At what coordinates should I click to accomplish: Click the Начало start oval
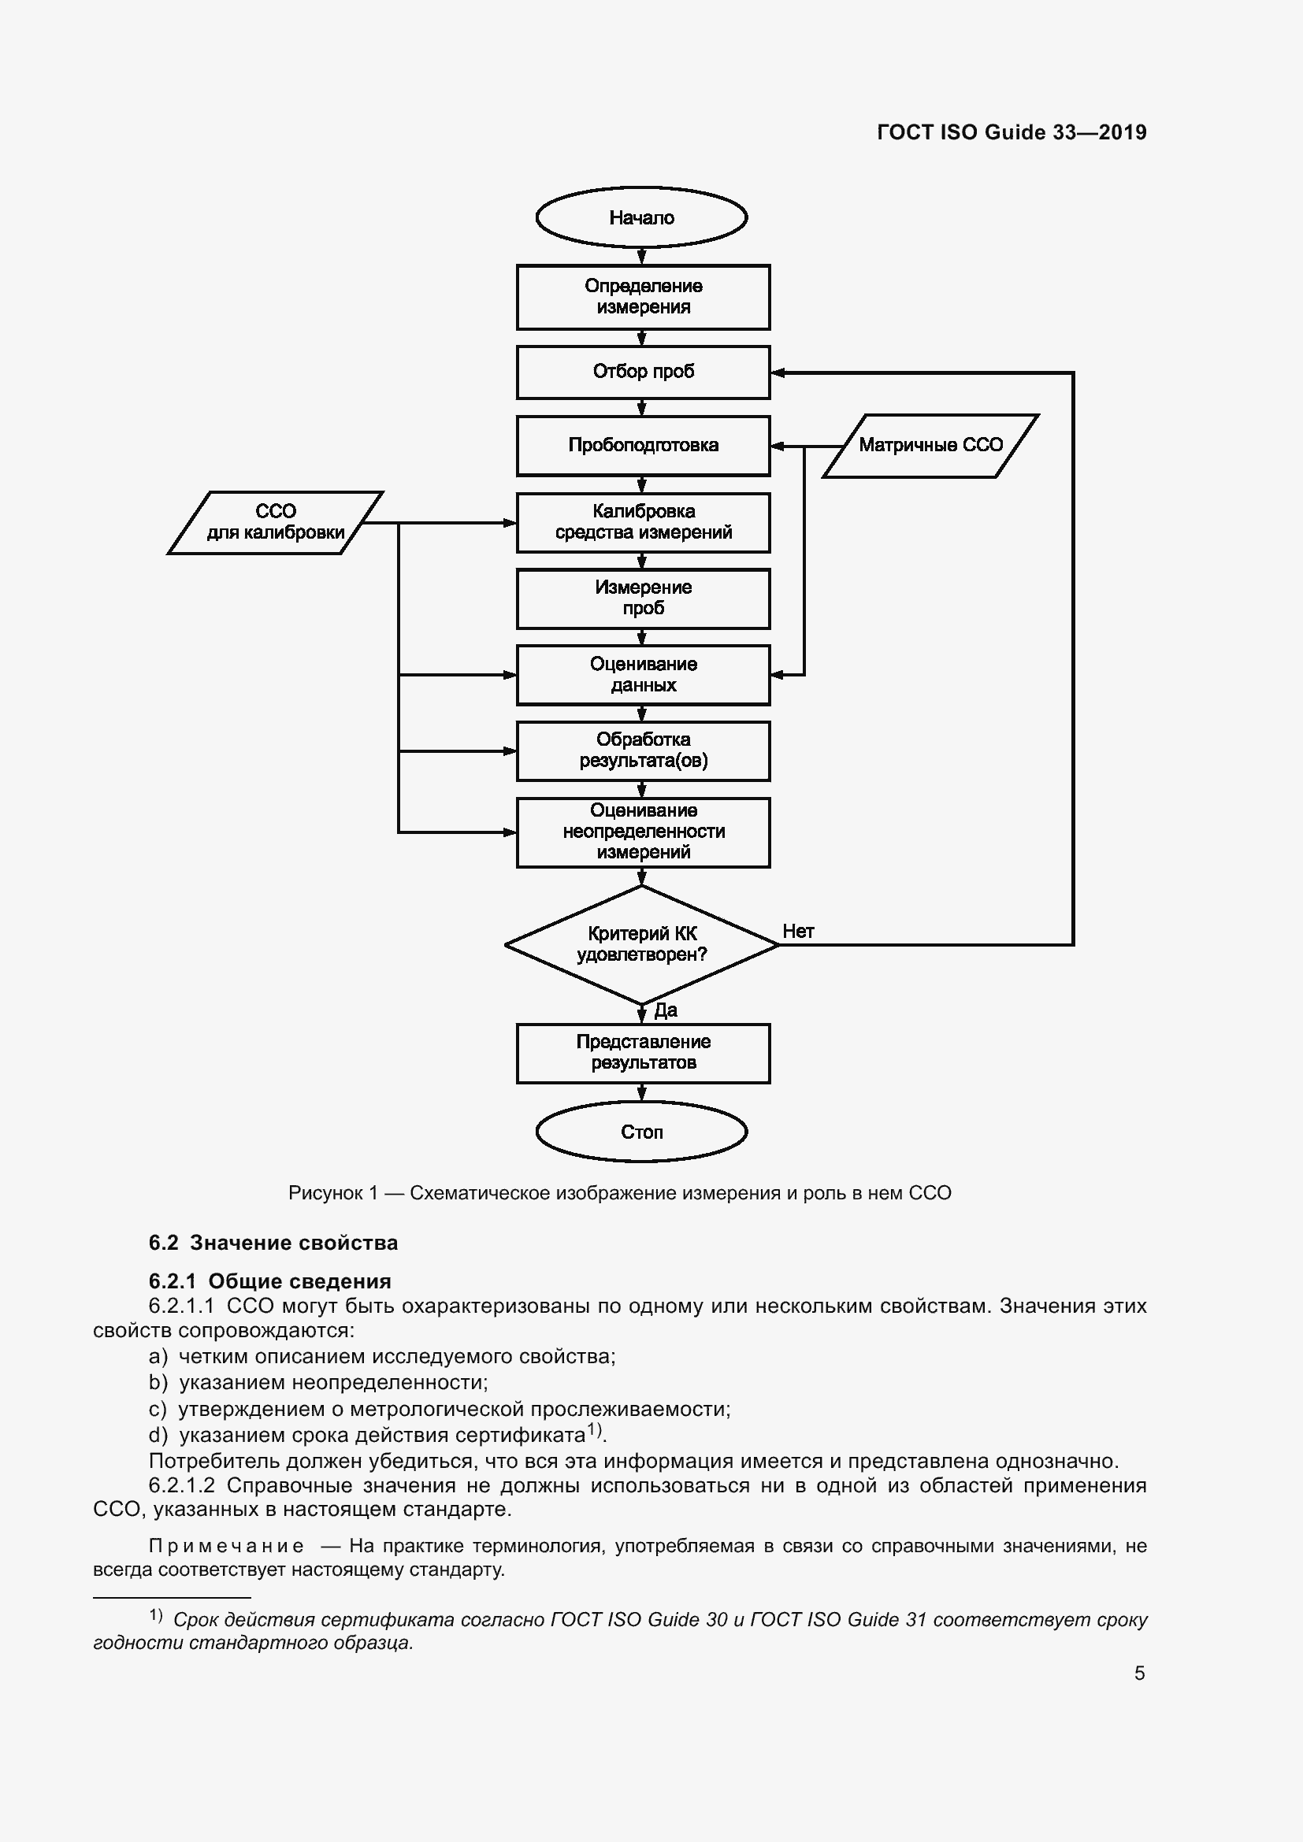tap(641, 217)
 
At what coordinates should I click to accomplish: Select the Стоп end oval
tap(641, 1131)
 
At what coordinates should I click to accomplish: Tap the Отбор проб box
tap(643, 372)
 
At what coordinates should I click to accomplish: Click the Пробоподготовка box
tap(643, 445)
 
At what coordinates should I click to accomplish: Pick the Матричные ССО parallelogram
tap(930, 445)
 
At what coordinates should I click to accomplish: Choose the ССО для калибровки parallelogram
tap(275, 522)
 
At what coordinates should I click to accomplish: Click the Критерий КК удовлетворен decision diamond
tap(641, 944)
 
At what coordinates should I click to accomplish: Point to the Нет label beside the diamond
tap(797, 932)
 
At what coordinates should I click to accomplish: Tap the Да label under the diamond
tap(665, 1010)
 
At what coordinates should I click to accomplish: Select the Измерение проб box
tap(643, 599)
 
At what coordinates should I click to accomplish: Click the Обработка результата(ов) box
tap(643, 751)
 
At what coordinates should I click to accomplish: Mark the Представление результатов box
tap(643, 1053)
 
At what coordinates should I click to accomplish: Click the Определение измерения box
tap(643, 297)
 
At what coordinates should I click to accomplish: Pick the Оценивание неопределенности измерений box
tap(643, 832)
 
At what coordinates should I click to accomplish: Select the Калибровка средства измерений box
tap(643, 522)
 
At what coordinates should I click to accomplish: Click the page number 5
tap(1139, 1673)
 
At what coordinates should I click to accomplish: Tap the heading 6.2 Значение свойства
tap(273, 1243)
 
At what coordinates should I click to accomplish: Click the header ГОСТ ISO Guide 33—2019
tap(1011, 132)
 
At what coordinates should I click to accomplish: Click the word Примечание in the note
tap(226, 1546)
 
